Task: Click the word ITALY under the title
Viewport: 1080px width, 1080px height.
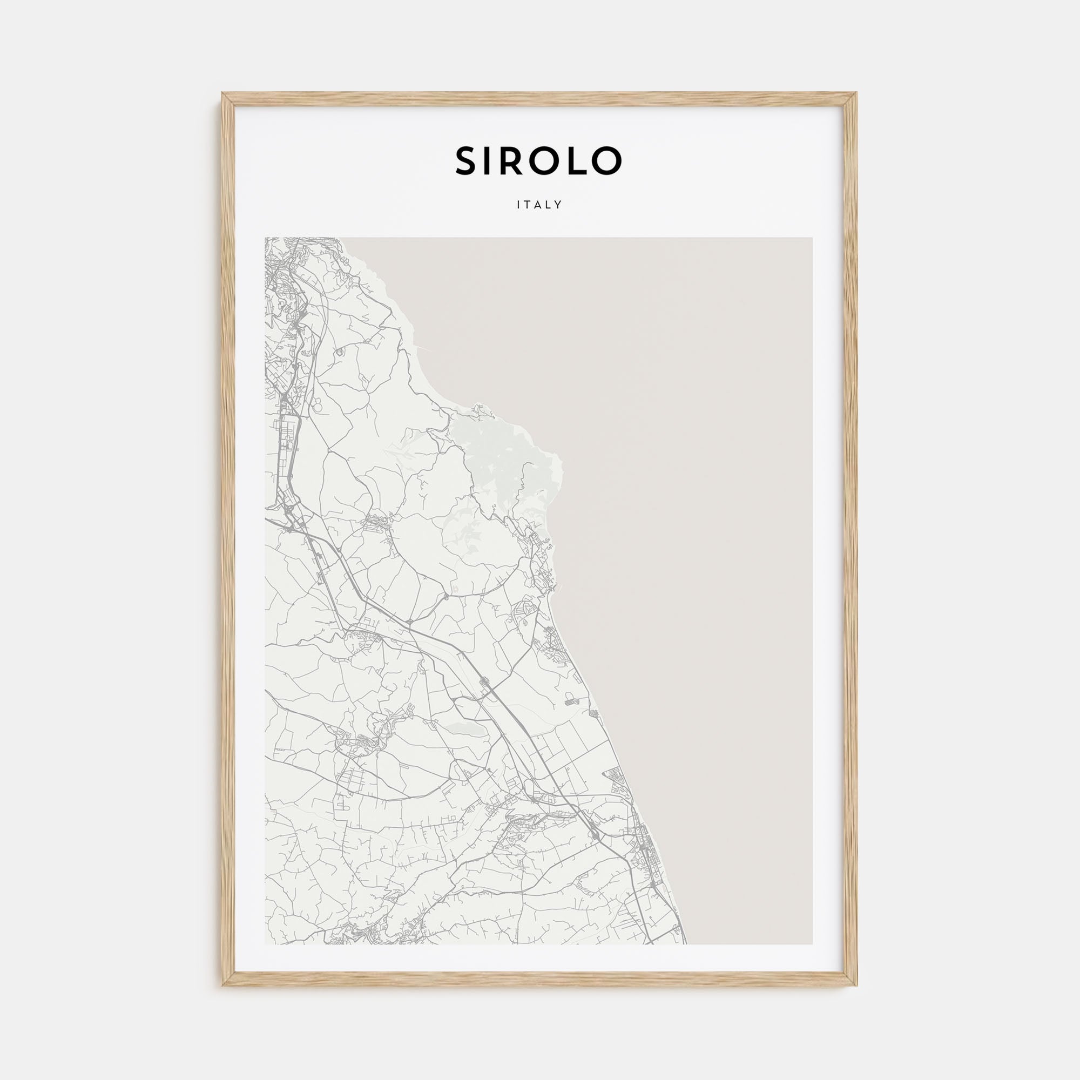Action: pos(539,205)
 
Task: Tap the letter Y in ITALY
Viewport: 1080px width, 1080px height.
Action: pos(558,205)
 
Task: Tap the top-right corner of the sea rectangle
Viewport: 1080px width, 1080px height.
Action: pos(812,238)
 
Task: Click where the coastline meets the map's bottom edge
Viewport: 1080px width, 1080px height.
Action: pos(686,944)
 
